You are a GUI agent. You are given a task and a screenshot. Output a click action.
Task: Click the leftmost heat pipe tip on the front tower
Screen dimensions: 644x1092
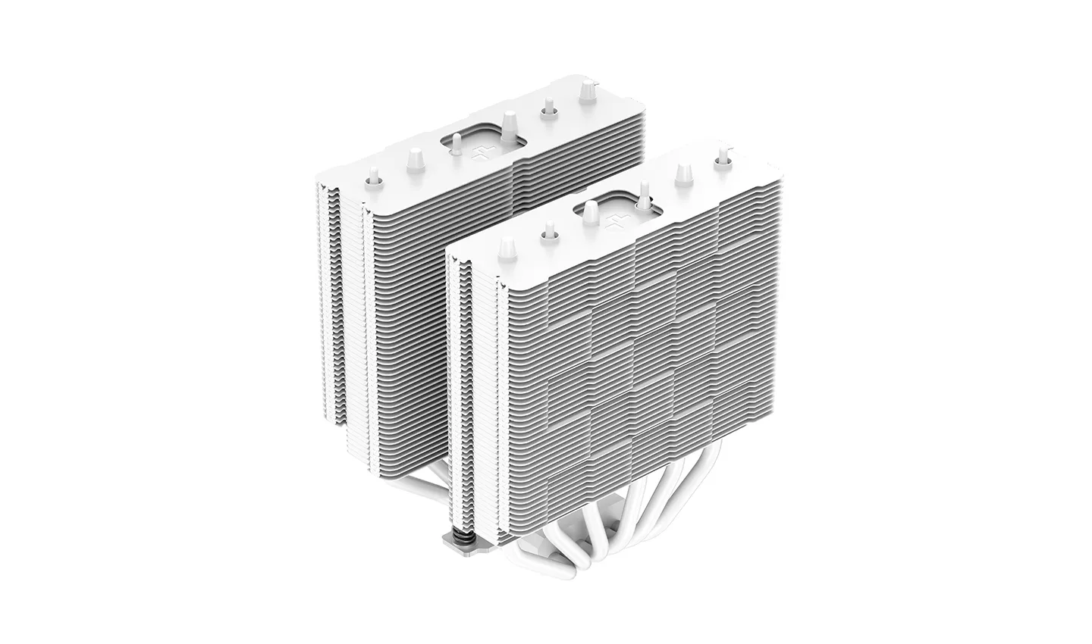(x=505, y=249)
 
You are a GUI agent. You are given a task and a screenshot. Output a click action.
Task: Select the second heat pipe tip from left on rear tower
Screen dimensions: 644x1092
(x=414, y=160)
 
